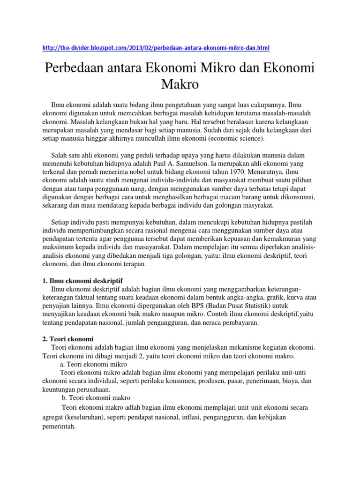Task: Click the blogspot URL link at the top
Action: (156, 48)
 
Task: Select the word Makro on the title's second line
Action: (180, 85)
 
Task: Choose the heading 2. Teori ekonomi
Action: (72, 339)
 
